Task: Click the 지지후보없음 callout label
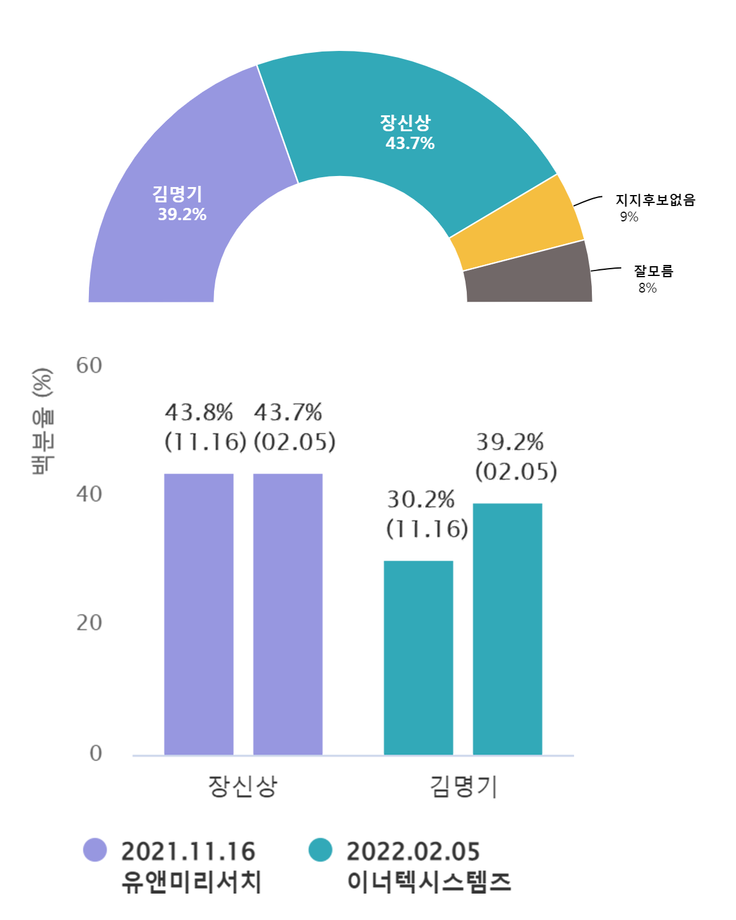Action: coord(655,200)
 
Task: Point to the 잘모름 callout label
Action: coord(653,271)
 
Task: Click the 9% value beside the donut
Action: coord(629,217)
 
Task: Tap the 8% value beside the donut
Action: coord(647,288)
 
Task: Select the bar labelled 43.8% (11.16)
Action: coord(199,613)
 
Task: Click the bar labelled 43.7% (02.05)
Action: coord(288,613)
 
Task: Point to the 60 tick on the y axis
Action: coord(89,366)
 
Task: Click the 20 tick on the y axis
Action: coord(89,623)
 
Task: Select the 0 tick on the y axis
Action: coord(96,753)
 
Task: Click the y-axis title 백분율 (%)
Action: coord(42,421)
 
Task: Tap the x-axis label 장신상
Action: coord(243,786)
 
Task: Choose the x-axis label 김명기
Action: coord(463,786)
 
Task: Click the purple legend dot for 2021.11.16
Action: coord(95,850)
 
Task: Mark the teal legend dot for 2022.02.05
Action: coord(320,850)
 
